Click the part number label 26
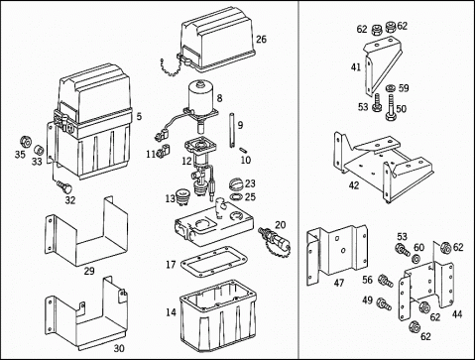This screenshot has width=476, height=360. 261,40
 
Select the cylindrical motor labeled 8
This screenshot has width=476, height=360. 200,96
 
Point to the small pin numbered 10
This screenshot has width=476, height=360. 244,150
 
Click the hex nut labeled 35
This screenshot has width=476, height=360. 26,142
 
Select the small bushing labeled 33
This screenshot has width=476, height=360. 39,150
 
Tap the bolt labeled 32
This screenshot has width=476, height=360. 65,187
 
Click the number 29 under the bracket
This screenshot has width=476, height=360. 89,272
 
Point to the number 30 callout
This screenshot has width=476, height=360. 119,348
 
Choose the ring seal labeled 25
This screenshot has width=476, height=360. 236,197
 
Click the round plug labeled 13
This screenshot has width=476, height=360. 182,196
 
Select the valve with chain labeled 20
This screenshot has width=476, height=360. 274,240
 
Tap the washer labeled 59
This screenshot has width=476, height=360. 391,88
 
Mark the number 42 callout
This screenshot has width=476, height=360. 354,185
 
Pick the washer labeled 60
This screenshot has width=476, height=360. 417,258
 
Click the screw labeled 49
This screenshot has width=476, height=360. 384,303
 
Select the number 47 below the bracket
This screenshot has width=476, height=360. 339,283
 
